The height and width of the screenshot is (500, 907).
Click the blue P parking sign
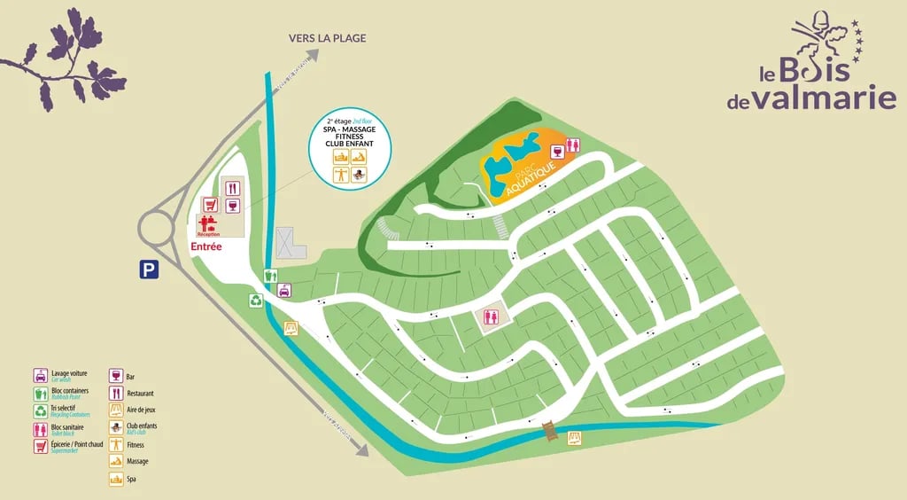tap(148, 270)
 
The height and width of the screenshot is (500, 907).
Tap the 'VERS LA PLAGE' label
tap(327, 38)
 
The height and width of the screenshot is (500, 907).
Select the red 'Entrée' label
tap(205, 247)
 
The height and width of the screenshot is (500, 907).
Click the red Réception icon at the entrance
tap(209, 224)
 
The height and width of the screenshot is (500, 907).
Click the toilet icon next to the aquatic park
tap(573, 145)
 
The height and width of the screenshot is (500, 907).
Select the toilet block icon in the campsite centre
tap(491, 316)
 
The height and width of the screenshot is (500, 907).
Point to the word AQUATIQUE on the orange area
tap(531, 178)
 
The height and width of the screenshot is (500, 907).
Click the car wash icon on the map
tap(284, 290)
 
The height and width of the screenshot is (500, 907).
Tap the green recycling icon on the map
tap(257, 300)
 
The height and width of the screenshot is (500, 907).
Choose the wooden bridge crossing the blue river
tap(551, 431)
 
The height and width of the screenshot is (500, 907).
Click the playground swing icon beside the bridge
tap(575, 437)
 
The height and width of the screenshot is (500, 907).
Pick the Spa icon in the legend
tap(115, 479)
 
